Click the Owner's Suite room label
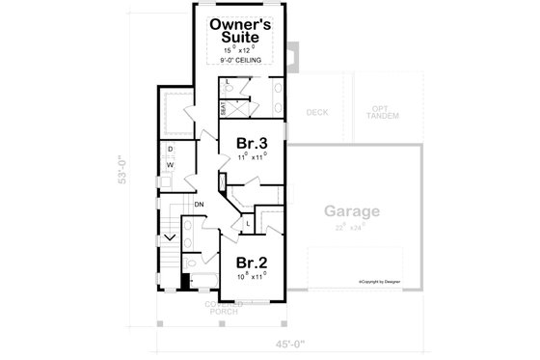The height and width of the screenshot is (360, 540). tap(247, 30)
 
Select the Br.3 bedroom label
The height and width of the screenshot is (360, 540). tap(253, 144)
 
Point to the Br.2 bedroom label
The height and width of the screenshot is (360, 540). tap(252, 262)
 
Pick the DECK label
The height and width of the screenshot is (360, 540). tap(317, 113)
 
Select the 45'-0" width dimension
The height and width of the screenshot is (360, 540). tap(287, 341)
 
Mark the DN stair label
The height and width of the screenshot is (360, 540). tap(199, 206)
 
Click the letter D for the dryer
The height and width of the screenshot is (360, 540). tap(170, 150)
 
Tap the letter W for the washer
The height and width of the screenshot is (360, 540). tap(170, 166)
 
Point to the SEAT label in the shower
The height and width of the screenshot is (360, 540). tap(223, 109)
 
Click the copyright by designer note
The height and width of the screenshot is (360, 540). tap(381, 281)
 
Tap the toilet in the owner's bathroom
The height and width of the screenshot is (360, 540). tap(229, 86)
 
